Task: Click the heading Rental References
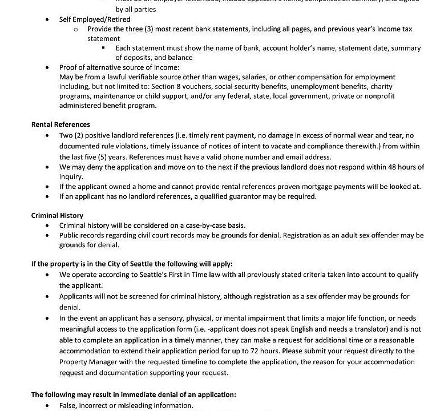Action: (x=60, y=124)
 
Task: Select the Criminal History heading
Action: (x=57, y=215)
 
